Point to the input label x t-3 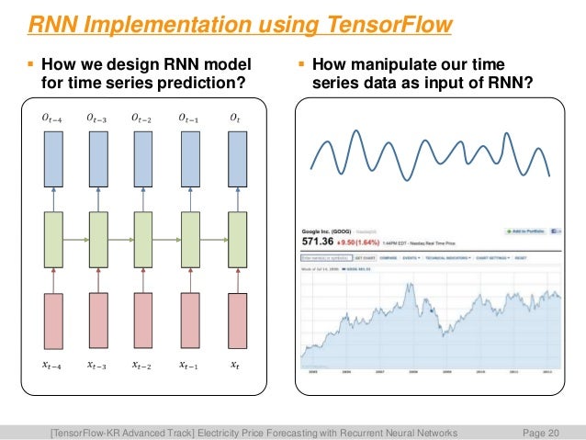(x=97, y=365)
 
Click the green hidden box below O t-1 (x=190, y=238)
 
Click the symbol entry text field (x=325, y=259)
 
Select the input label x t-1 (x=188, y=365)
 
